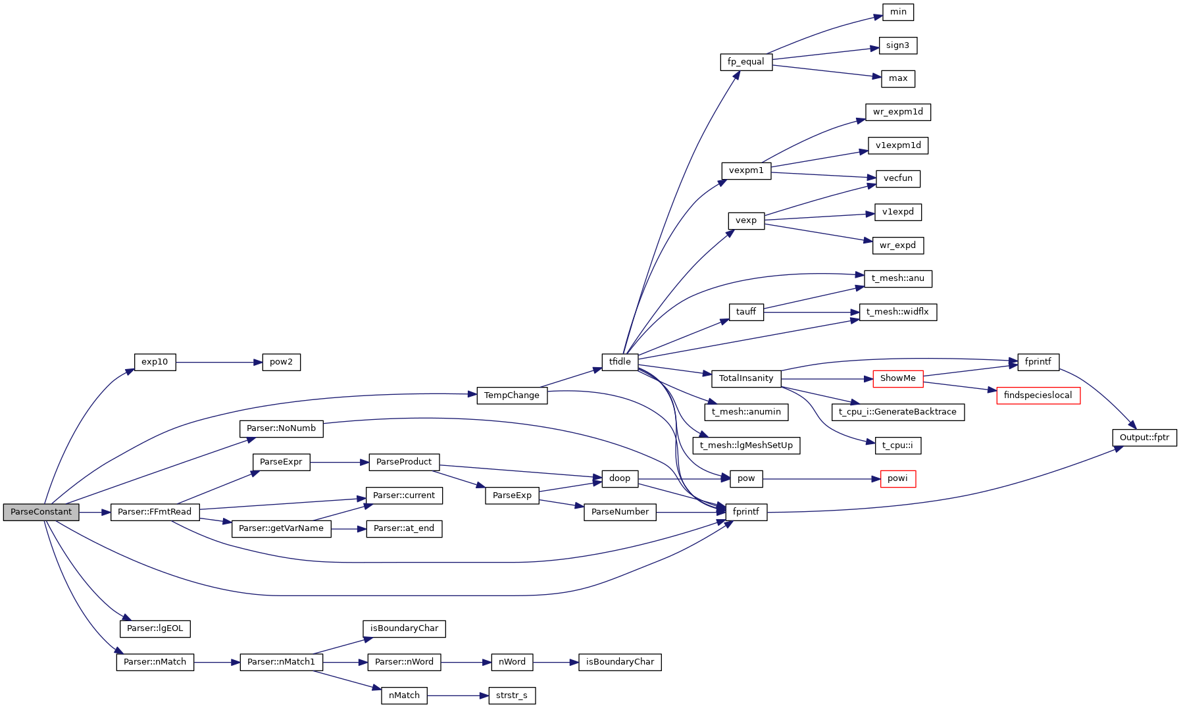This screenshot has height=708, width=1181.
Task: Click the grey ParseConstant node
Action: (41, 512)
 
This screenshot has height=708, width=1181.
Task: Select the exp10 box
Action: (155, 362)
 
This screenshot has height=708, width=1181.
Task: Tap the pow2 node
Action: (281, 362)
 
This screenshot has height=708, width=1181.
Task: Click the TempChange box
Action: (511, 395)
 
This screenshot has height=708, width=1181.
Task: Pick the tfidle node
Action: (620, 362)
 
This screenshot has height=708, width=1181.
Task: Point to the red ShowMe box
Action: (897, 378)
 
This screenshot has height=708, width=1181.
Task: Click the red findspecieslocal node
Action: (1038, 395)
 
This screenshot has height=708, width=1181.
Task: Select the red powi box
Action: (897, 478)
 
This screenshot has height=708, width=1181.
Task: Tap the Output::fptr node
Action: (1144, 438)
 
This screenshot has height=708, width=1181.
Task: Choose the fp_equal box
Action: (745, 62)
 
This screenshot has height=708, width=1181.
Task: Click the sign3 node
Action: (897, 45)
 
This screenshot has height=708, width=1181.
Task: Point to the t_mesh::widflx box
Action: (897, 312)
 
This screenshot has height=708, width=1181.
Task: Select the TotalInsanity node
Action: (745, 378)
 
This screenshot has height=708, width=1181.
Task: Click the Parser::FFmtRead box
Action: (155, 512)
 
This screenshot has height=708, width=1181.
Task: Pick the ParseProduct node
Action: (404, 462)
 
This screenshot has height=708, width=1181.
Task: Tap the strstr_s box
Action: (511, 695)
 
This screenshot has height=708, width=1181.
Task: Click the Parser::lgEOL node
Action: (155, 628)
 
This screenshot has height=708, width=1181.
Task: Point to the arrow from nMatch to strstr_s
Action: (458, 695)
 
